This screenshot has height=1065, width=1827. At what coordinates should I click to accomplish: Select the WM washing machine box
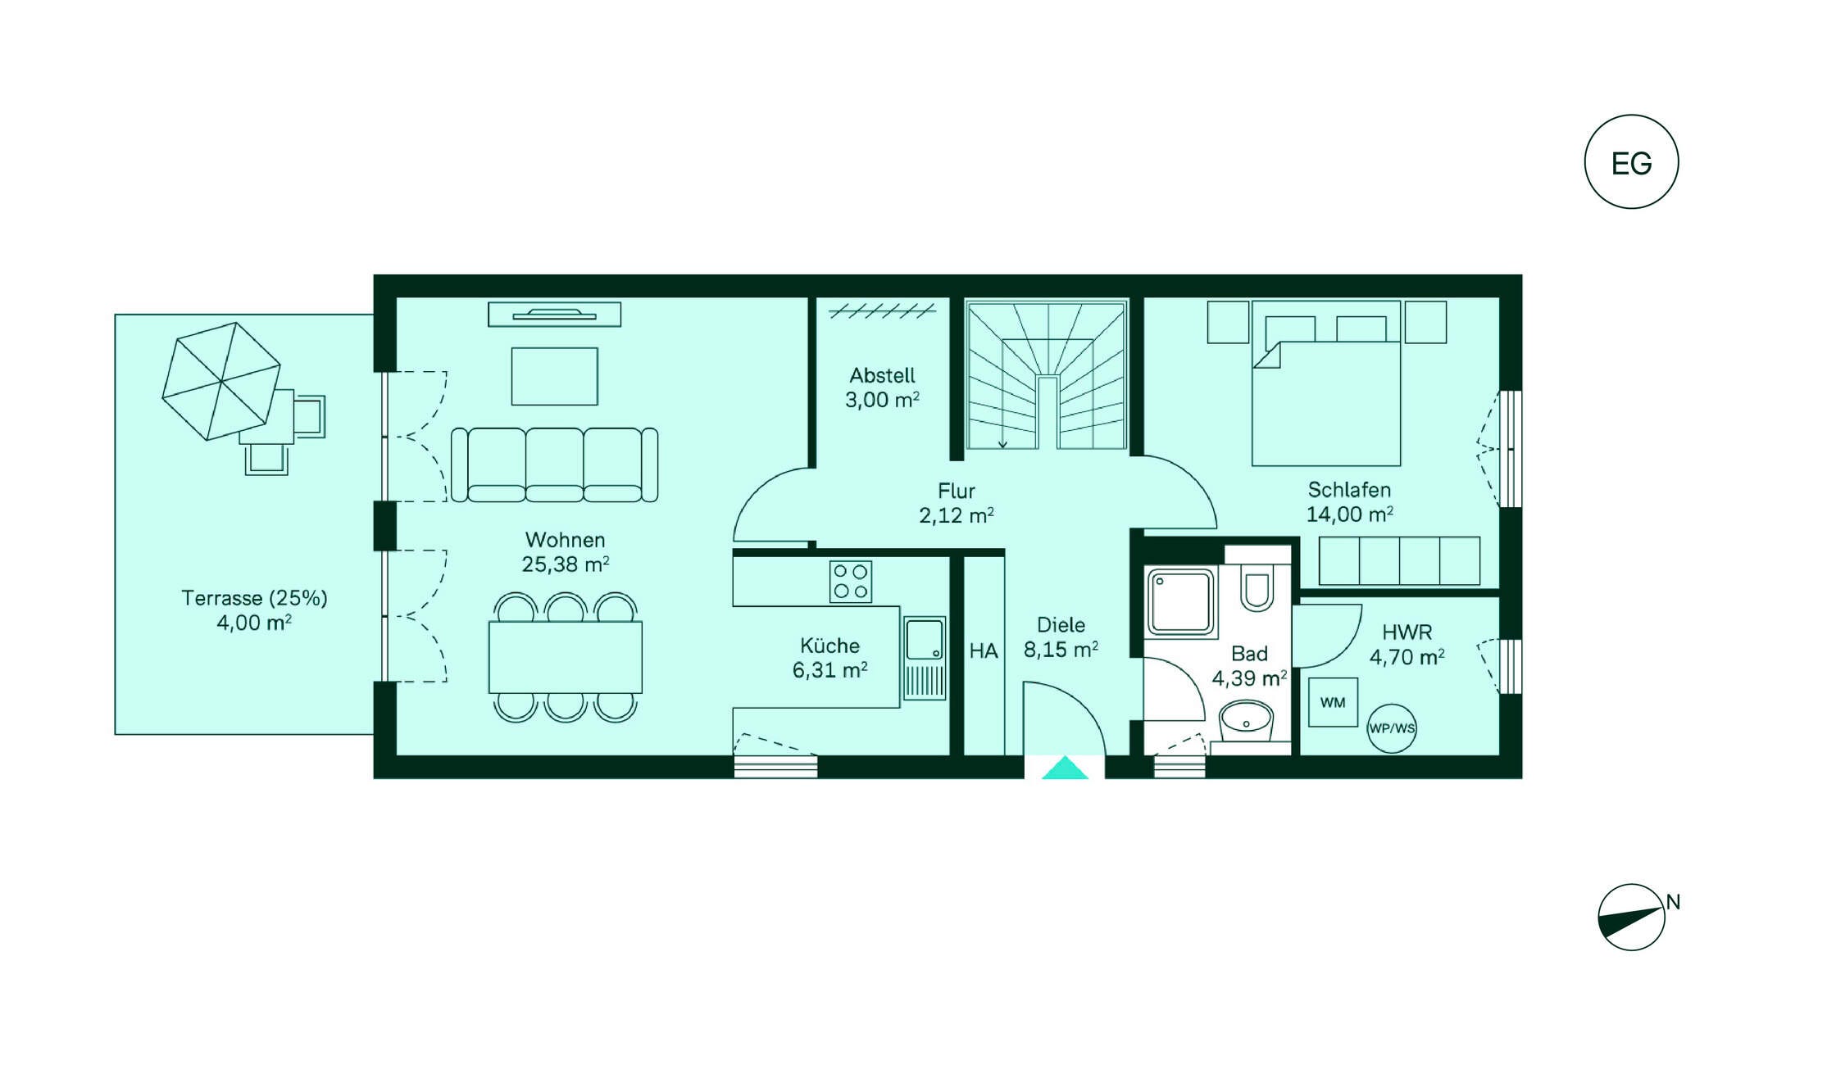1333,702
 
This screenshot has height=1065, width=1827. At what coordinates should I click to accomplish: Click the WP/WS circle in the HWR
1392,728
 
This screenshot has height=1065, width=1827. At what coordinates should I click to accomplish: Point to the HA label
984,651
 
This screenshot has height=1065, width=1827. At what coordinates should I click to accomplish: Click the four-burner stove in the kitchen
851,582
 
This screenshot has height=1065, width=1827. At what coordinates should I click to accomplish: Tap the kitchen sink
925,659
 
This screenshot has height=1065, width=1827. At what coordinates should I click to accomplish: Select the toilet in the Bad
1257,587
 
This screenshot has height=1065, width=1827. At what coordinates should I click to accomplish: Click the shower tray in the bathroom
1181,603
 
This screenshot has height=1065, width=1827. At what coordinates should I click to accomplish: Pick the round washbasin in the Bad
1246,722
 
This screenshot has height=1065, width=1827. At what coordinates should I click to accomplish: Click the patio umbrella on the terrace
221,382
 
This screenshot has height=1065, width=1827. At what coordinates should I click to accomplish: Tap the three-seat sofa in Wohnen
555,465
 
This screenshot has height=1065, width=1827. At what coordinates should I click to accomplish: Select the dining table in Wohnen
566,658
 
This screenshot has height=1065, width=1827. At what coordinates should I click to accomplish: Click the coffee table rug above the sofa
555,376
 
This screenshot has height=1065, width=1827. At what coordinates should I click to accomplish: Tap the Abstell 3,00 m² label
882,388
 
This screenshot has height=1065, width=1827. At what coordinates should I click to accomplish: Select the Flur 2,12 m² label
956,504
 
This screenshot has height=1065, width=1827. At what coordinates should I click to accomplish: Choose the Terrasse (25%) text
254,598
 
